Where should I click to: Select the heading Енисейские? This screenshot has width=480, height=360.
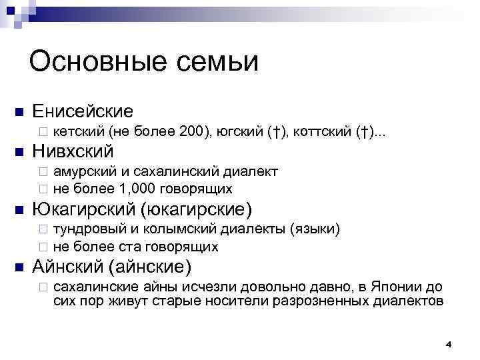83,110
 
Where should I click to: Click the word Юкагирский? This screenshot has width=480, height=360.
85,210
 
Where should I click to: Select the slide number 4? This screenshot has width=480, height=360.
448,344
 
